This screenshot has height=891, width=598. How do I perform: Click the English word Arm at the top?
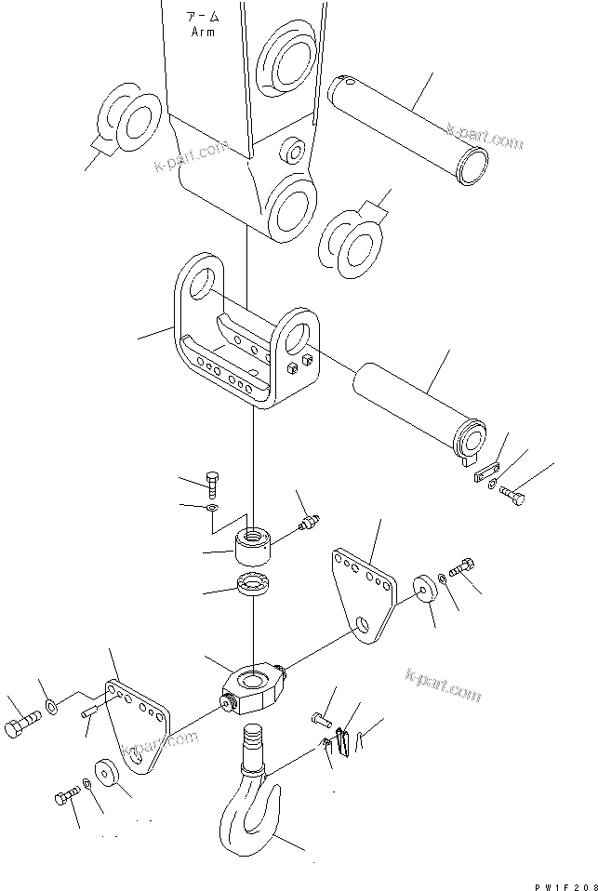[x=203, y=32]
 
